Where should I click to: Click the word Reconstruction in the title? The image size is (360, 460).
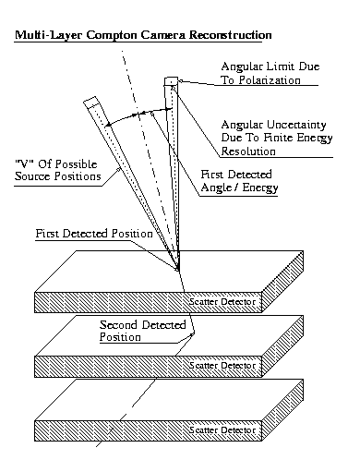click(x=228, y=35)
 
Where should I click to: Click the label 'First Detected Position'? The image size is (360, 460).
click(x=92, y=235)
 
